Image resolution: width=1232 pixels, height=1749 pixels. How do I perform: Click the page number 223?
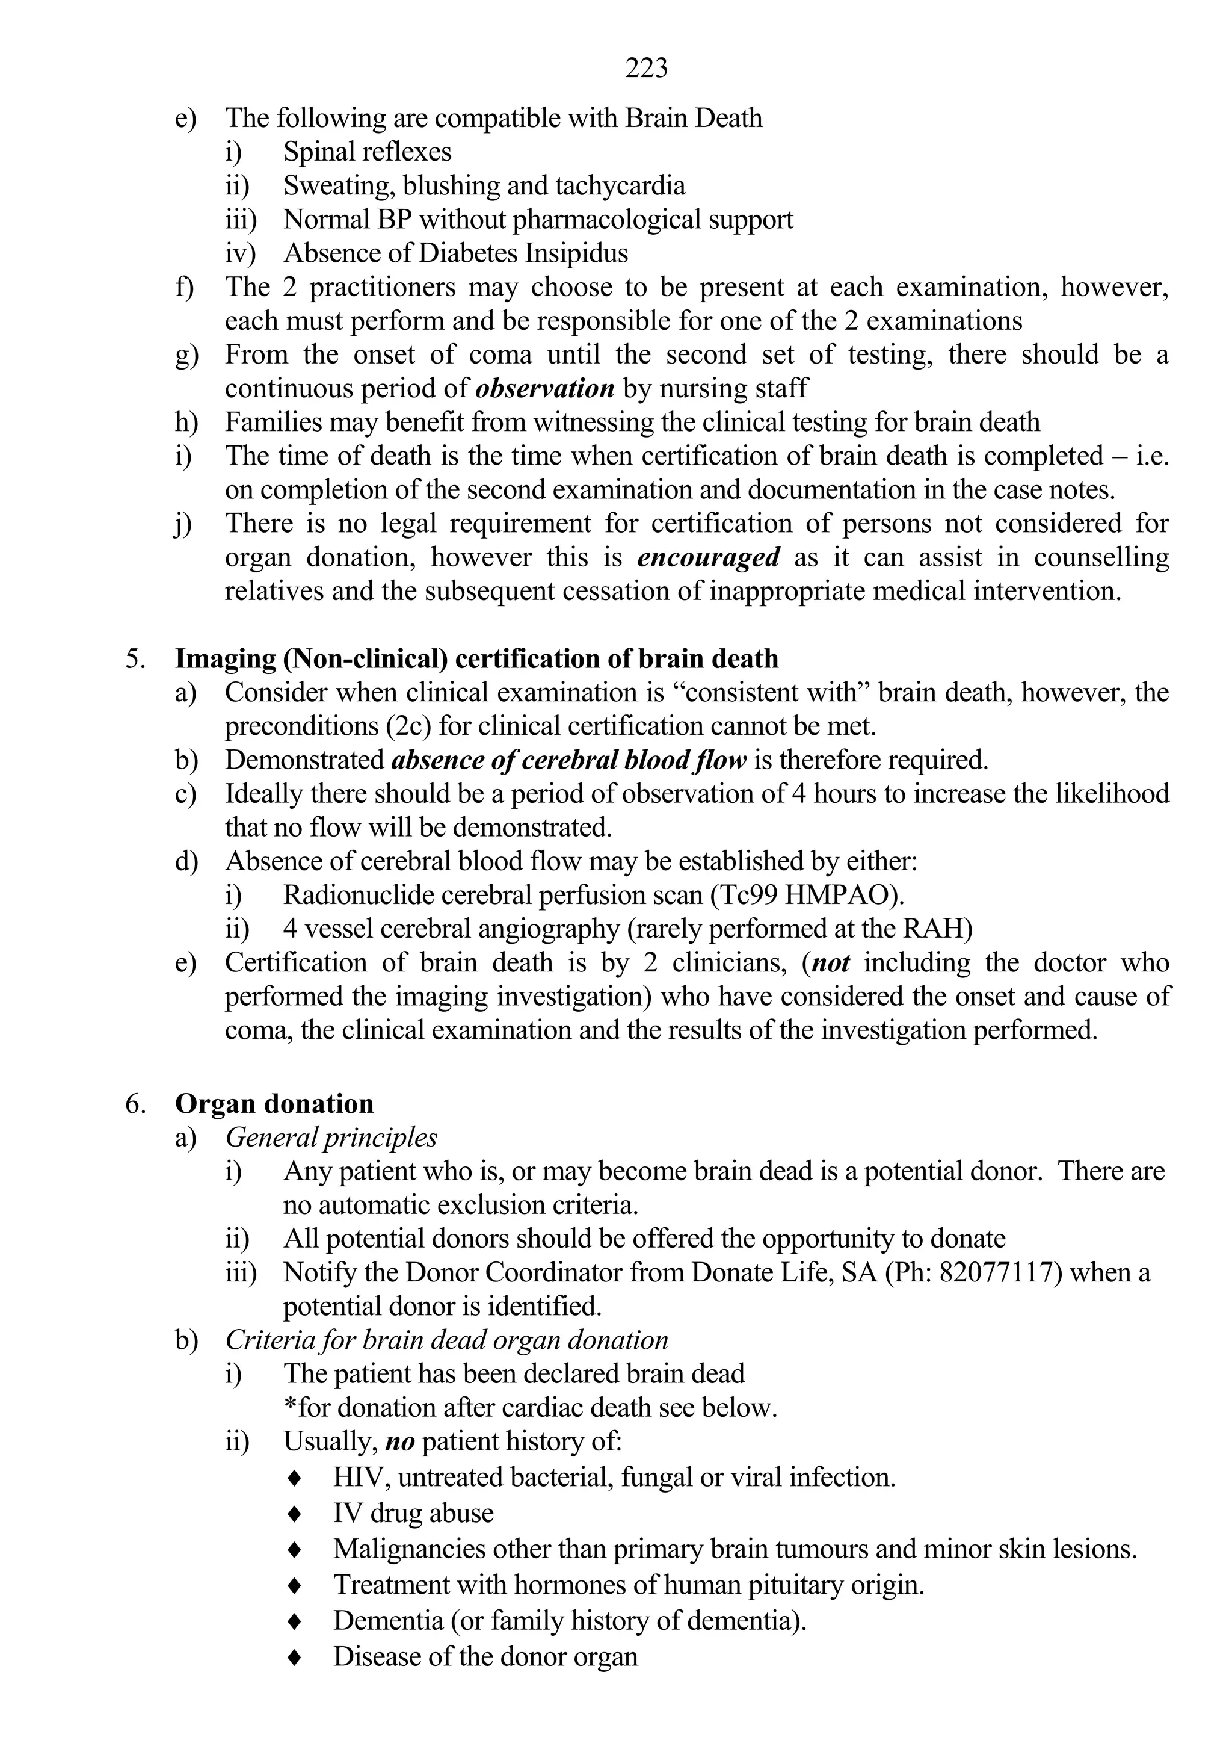click(x=647, y=69)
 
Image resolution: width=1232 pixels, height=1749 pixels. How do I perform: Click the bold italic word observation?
click(x=544, y=388)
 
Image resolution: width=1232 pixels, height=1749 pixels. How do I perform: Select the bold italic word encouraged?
click(x=708, y=557)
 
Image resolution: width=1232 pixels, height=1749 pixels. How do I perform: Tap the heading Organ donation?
click(x=274, y=1104)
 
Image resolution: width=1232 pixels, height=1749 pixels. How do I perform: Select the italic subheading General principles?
click(x=331, y=1138)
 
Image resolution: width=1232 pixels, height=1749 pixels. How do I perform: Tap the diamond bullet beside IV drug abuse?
click(x=295, y=1514)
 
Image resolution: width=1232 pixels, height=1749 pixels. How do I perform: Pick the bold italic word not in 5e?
click(x=831, y=964)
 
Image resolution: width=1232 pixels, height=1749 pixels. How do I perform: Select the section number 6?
click(x=134, y=1104)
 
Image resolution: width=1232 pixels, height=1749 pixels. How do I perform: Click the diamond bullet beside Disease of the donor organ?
click(x=295, y=1657)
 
